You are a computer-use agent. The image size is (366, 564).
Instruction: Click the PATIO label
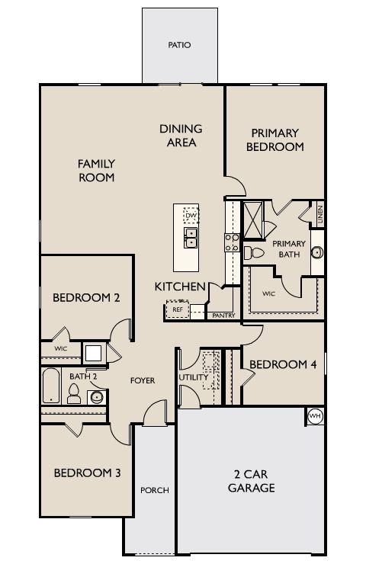click(x=179, y=45)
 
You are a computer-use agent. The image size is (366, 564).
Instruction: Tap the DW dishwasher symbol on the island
click(x=191, y=215)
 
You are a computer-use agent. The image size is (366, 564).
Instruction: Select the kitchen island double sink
click(x=191, y=237)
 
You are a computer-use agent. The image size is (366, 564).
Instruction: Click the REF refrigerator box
click(x=178, y=309)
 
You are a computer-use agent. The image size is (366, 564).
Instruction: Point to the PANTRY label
click(x=223, y=316)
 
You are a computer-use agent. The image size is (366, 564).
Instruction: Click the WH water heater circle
click(x=315, y=416)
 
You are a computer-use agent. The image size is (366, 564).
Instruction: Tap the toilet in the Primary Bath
click(x=254, y=253)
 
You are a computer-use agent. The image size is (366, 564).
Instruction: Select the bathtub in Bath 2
click(x=51, y=386)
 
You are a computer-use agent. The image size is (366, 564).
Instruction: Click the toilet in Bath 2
click(x=74, y=394)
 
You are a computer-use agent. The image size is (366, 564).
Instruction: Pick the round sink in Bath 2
click(x=97, y=397)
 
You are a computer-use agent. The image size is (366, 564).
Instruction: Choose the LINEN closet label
click(x=320, y=213)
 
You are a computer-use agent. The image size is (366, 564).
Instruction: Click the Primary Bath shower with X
click(x=253, y=220)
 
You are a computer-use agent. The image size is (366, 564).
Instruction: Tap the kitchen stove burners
click(x=232, y=242)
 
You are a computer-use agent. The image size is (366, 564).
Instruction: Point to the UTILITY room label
click(x=194, y=377)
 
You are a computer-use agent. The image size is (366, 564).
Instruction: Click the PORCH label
click(x=155, y=490)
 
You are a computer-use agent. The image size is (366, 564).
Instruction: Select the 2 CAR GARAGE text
click(x=252, y=481)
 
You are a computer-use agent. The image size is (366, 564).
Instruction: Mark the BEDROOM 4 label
click(x=283, y=364)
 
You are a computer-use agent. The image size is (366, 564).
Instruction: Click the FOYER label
click(x=143, y=380)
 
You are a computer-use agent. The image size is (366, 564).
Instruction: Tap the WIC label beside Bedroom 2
click(x=60, y=348)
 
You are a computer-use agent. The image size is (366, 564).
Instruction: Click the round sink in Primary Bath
click(x=317, y=252)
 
